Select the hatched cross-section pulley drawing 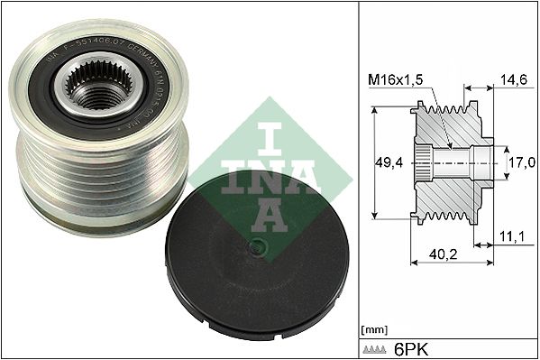click(x=446, y=162)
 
